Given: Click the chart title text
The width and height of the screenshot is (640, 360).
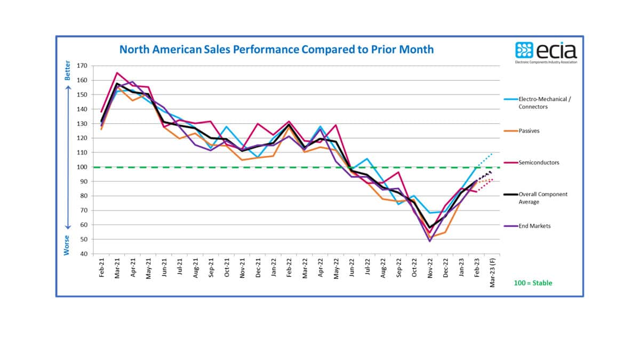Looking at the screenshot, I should pyautogui.click(x=276, y=50).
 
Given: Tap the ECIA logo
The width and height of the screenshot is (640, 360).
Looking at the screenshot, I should pyautogui.click(x=546, y=52).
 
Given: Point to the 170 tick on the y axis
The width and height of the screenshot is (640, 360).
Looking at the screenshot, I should pyautogui.click(x=82, y=66).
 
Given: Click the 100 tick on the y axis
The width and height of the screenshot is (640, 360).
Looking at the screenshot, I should pyautogui.click(x=82, y=167).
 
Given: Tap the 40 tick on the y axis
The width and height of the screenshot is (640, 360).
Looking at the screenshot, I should pyautogui.click(x=83, y=253).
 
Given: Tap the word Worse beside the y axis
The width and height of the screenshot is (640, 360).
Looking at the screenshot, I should pyautogui.click(x=67, y=244).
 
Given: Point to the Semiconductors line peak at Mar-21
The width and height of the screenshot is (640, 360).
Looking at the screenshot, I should pyautogui.click(x=117, y=73).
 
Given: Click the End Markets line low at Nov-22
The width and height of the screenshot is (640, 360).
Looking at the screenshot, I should pyautogui.click(x=430, y=242).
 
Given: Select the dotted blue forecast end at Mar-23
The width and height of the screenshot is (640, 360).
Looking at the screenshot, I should pyautogui.click(x=492, y=153).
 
